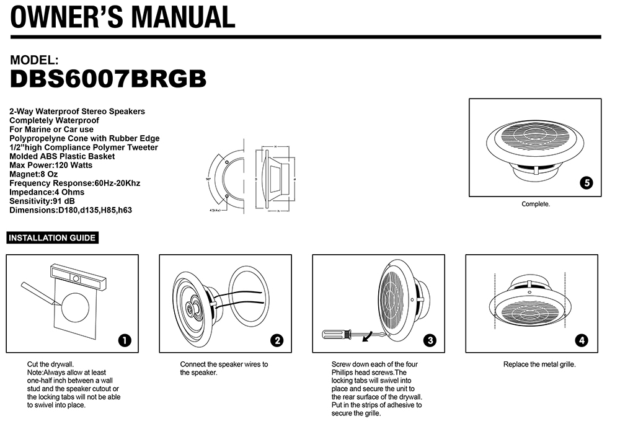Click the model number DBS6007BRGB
tap(108, 79)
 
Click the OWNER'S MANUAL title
tap(123, 17)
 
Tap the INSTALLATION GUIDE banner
tap(52, 237)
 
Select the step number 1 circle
tap(125, 340)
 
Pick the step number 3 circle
tap(430, 340)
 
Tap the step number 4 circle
tap(582, 340)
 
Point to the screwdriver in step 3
tap(338, 335)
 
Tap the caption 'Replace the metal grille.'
tap(539, 364)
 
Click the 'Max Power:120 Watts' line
tap(51, 166)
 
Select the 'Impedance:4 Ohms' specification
tap(47, 192)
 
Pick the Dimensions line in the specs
tap(71, 210)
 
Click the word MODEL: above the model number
tap(35, 61)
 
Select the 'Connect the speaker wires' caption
tap(224, 368)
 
